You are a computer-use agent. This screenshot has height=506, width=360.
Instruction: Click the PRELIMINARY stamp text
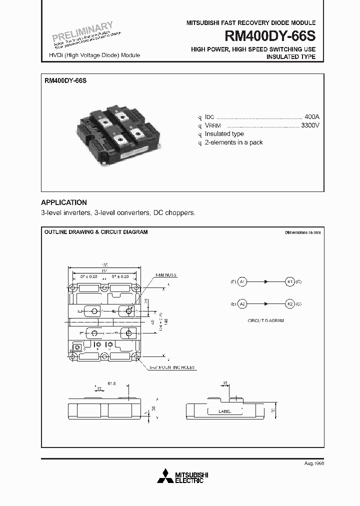click(x=83, y=31)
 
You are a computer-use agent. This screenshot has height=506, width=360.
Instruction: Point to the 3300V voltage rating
click(x=309, y=125)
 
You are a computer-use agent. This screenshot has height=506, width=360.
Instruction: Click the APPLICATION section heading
click(x=63, y=202)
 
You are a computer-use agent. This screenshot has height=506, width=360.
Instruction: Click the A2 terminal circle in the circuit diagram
click(x=242, y=303)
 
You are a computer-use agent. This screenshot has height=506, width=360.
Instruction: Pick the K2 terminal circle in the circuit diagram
click(x=289, y=303)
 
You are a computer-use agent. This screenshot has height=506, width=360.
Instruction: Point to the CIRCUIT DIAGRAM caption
click(x=265, y=320)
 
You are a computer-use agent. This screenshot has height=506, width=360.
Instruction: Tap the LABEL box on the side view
click(x=225, y=411)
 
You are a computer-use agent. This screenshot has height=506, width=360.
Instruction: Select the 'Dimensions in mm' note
click(x=302, y=232)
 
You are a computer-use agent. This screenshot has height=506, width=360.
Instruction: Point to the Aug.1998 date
click(x=314, y=463)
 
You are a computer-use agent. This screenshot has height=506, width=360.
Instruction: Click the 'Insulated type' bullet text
click(x=224, y=133)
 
